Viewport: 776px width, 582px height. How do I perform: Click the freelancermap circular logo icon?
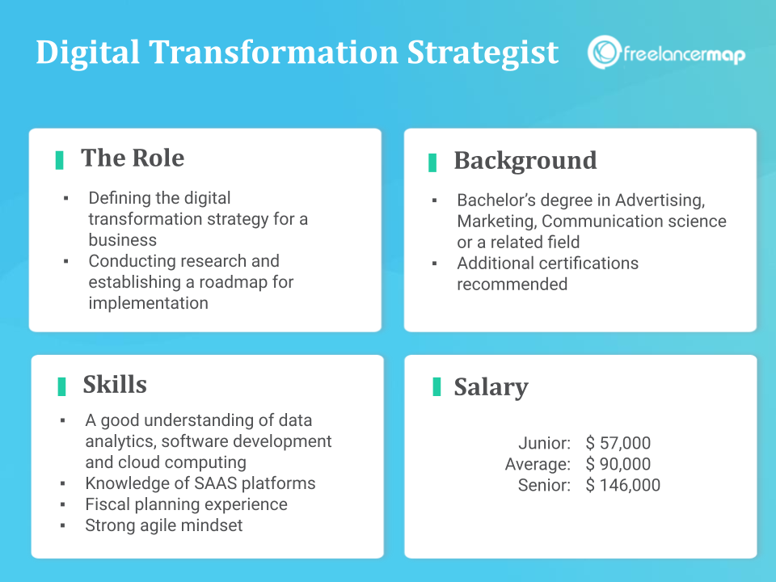604,52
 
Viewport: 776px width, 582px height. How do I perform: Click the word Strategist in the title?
483,53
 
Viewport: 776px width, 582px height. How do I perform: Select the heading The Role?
133,158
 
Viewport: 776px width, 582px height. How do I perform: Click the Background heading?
525,160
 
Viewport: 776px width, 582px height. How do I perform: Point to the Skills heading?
115,384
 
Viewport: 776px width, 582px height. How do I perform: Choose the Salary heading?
491,386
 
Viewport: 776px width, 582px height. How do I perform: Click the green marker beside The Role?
60,159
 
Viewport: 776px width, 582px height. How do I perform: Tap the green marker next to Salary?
436,386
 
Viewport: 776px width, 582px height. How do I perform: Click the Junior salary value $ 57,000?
618,443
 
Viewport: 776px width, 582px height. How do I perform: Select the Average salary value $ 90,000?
618,464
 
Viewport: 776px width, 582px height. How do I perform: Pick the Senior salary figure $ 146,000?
623,485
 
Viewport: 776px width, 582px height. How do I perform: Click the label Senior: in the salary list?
544,485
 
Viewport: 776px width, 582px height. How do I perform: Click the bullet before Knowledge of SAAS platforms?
63,484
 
